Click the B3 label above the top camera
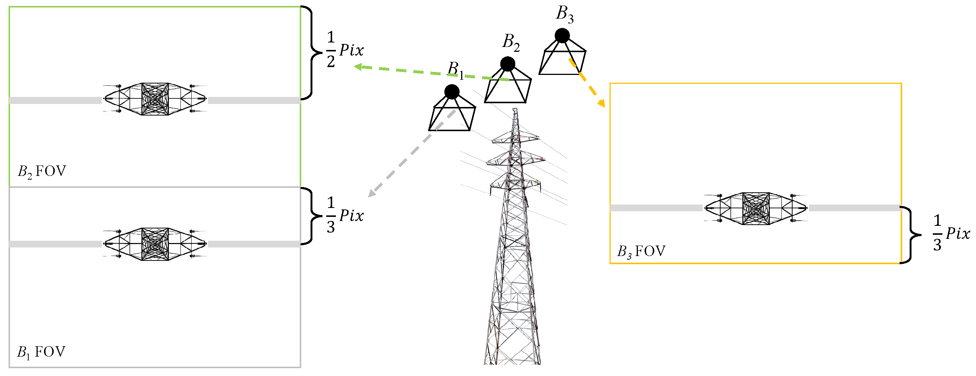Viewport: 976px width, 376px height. coord(564,15)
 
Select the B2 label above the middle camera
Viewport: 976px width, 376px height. coord(511,42)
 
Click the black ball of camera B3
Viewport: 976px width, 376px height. coord(562,36)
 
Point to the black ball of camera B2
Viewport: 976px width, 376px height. coord(507,64)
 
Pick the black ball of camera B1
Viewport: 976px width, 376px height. coord(451,92)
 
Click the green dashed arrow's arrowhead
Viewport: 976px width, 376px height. coord(357,67)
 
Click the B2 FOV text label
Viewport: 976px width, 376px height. coord(42,171)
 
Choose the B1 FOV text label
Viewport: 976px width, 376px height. coord(41,352)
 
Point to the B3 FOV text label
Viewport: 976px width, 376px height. coord(641,252)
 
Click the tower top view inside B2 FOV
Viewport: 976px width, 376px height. coord(155,99)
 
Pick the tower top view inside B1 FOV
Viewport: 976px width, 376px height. coord(155,244)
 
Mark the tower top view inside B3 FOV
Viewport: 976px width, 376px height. coord(756,208)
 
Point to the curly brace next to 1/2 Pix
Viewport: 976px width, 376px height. coord(312,53)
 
